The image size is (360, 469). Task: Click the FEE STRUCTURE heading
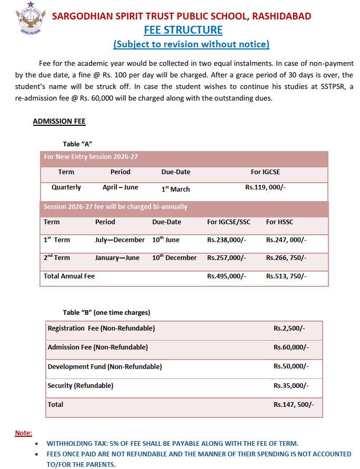[x=183, y=29]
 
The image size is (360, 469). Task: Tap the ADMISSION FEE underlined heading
[x=59, y=121]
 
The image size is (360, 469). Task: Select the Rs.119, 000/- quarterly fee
[x=266, y=187]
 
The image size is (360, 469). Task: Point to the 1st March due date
[x=176, y=188]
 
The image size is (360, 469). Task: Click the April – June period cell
[x=120, y=187]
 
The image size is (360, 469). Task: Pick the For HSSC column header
[x=279, y=222]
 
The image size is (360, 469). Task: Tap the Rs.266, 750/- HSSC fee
[x=286, y=258]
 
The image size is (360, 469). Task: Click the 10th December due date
[x=174, y=258]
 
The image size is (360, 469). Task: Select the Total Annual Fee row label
[x=69, y=276]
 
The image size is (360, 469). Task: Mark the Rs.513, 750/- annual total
[x=286, y=276]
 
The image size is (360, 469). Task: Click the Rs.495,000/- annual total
[x=226, y=276]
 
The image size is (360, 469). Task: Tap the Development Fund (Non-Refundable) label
[x=105, y=366]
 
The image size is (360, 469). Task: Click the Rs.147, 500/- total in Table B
[x=294, y=405]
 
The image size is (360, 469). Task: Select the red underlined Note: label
[x=23, y=433]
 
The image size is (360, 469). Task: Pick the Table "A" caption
[x=78, y=144]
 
